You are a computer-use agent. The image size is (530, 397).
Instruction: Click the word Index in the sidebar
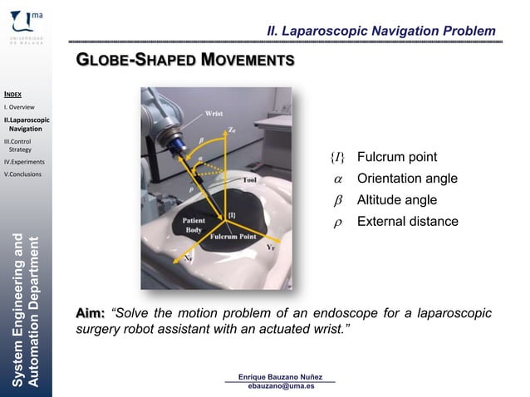[12, 95]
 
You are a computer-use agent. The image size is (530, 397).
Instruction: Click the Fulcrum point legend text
[396, 158]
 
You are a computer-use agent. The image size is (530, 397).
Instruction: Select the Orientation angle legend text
[406, 179]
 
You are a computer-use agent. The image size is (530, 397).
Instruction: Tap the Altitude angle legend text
[396, 200]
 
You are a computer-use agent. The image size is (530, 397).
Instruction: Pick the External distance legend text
[407, 222]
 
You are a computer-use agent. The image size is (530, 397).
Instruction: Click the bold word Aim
[90, 313]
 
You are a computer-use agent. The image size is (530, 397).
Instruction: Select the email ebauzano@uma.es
[281, 387]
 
